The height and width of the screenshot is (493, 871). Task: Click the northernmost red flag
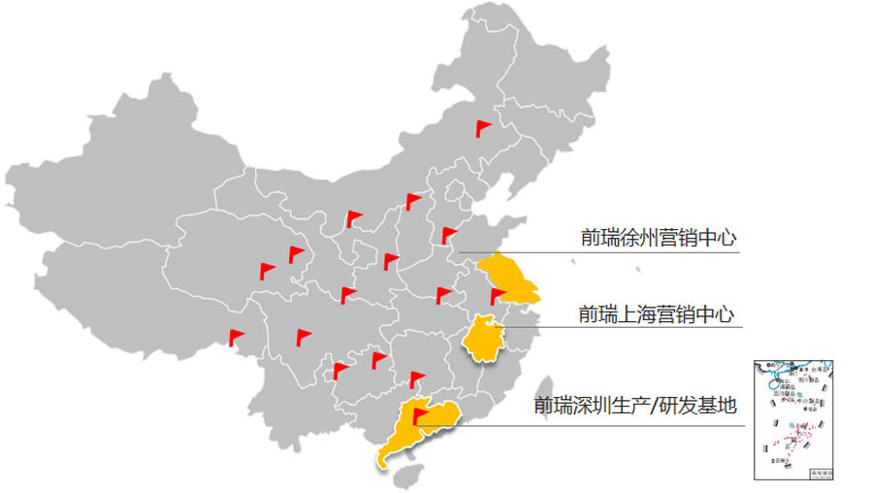[482, 127]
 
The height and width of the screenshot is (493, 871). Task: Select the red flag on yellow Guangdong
[419, 415]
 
